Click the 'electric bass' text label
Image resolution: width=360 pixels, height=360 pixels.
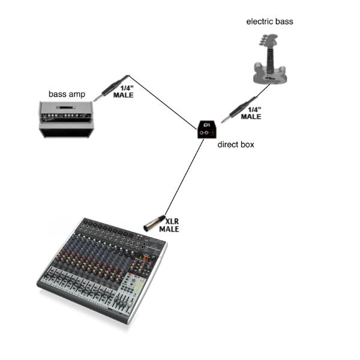pos(269,22)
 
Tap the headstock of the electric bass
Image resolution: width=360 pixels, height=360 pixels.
pos(262,41)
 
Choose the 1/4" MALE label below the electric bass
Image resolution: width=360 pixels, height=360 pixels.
pos(250,113)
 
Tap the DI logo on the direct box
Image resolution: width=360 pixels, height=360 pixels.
pos(207,125)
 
